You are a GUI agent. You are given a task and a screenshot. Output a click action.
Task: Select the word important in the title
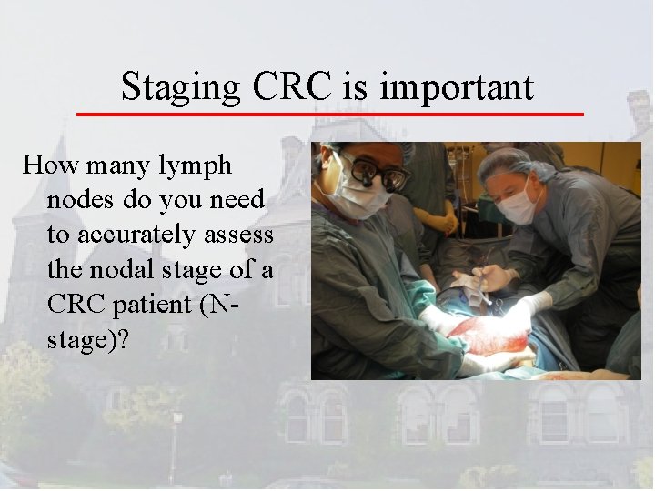pos(457,88)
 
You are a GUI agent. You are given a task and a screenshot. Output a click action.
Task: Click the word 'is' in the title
pos(358,88)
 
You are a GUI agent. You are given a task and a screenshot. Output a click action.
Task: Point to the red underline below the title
pos(328,114)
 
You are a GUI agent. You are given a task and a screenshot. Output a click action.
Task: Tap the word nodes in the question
pos(80,199)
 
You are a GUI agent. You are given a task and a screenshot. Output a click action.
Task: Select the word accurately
pos(135,234)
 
